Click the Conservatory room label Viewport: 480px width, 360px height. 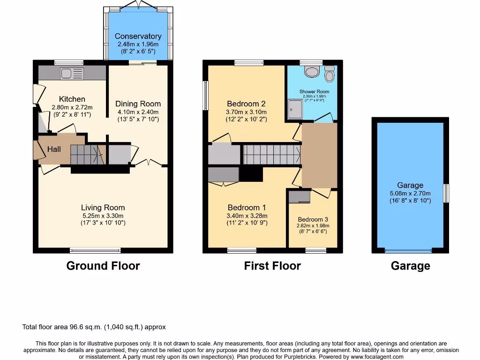click(138, 36)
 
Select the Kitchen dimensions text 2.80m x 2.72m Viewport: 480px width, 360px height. click(72, 107)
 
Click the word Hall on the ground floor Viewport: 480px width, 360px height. click(53, 149)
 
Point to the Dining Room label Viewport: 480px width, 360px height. click(138, 104)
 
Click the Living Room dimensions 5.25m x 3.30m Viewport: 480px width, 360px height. click(103, 216)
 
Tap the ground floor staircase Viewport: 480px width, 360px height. click(87, 154)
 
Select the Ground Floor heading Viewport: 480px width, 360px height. click(103, 266)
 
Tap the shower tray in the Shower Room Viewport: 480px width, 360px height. click(296, 107)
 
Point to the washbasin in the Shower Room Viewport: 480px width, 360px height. click(330, 75)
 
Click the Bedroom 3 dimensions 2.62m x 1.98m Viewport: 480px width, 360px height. click(313, 225)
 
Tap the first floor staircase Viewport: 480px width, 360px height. click(271, 154)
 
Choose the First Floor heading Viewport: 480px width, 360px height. click(272, 266)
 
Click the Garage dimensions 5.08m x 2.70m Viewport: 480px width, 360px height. click(410, 193)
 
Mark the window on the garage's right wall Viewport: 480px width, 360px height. click(447, 193)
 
